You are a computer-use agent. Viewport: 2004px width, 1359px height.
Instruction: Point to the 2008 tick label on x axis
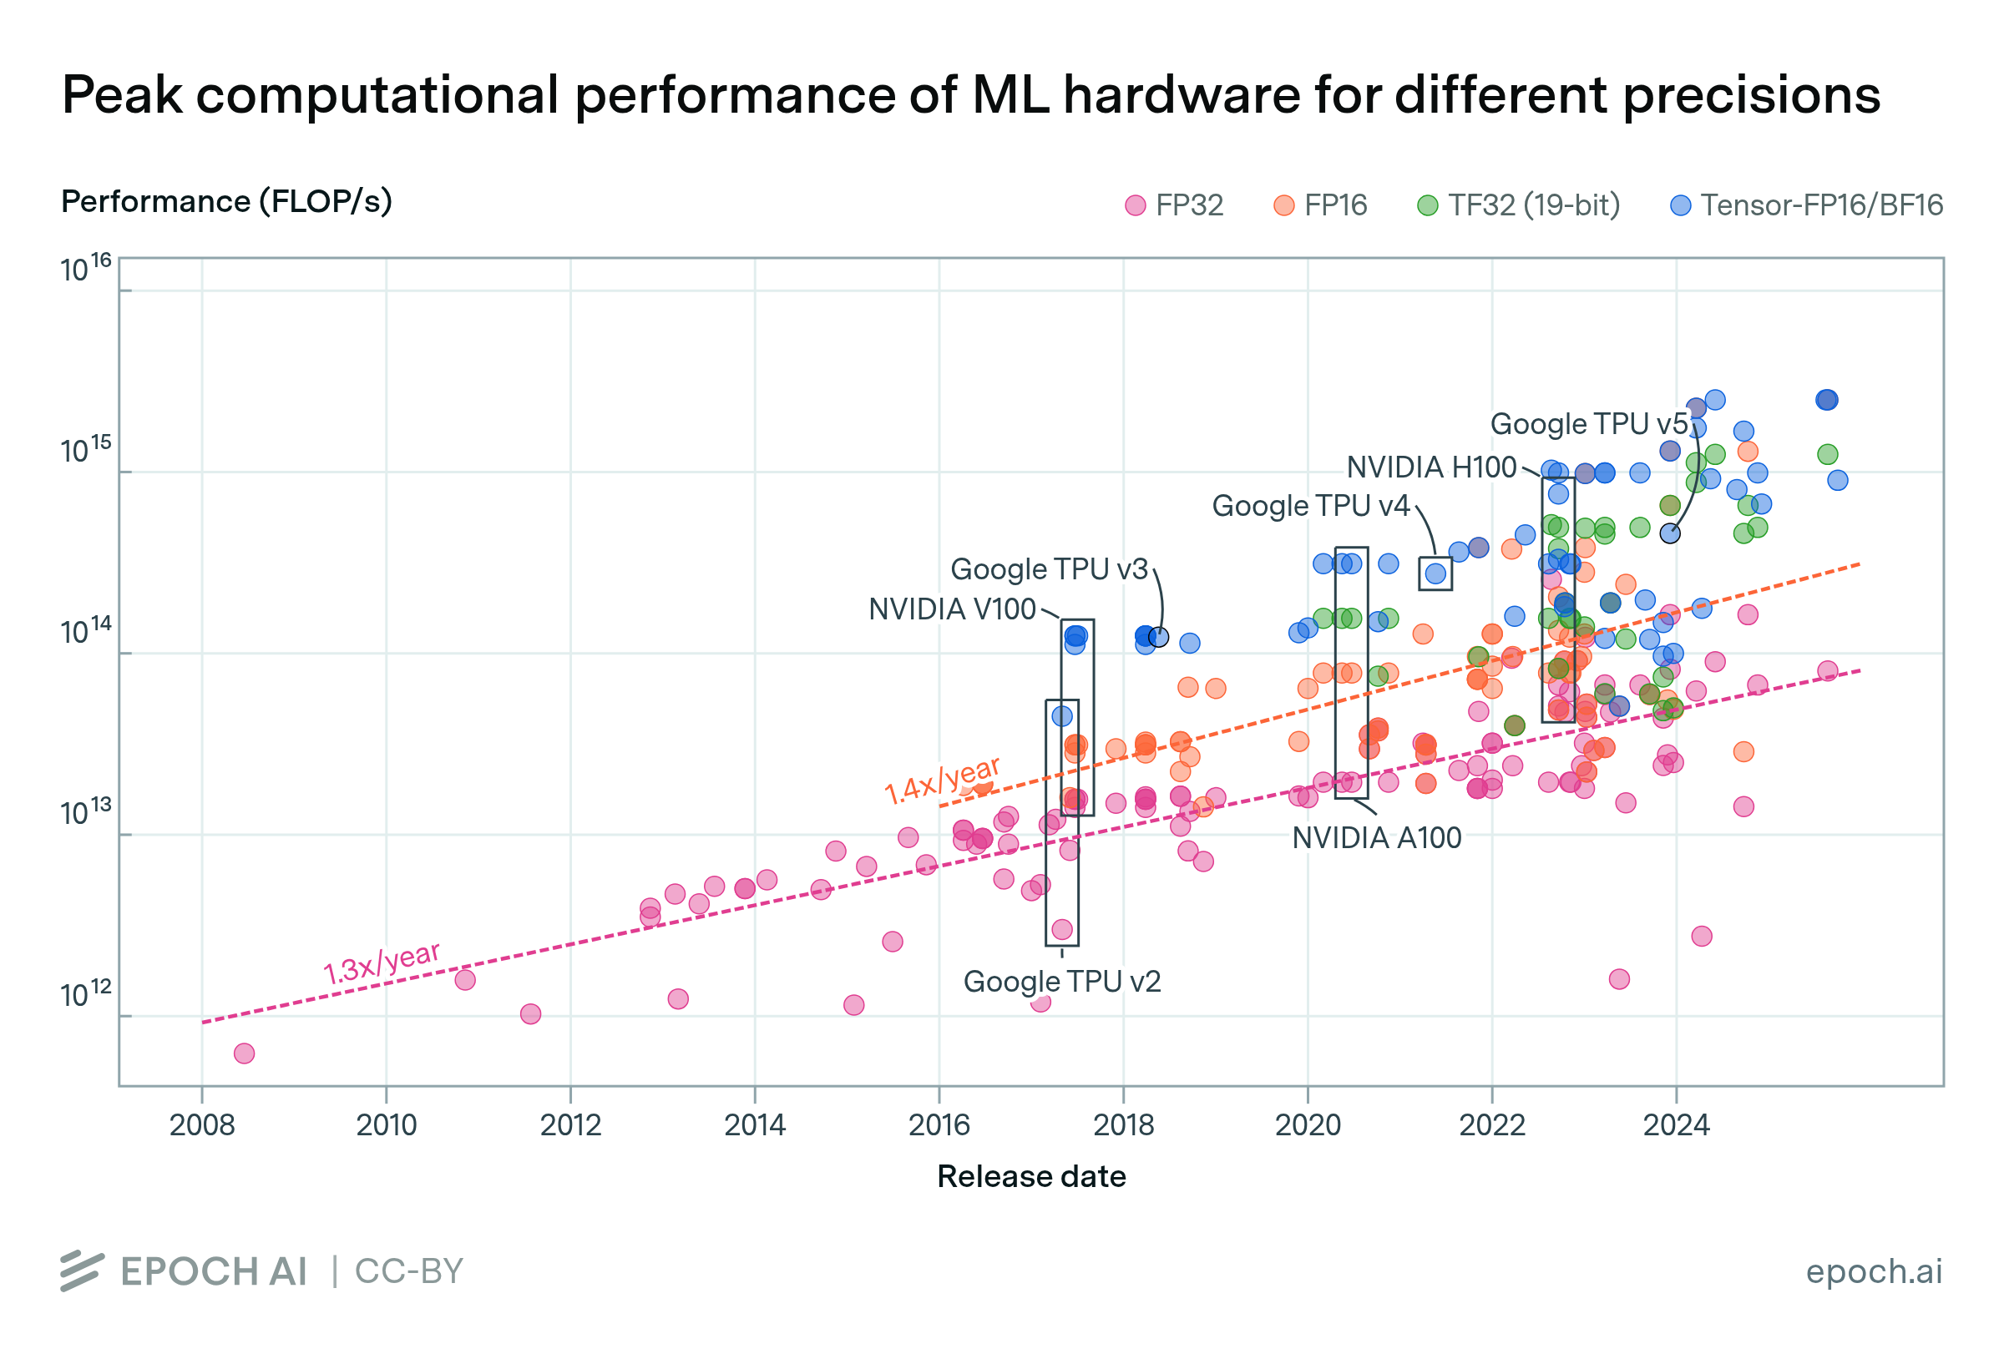click(202, 1125)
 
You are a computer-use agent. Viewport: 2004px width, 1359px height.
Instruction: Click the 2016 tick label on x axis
click(939, 1125)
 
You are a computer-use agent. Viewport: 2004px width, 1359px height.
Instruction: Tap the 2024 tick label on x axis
click(1676, 1125)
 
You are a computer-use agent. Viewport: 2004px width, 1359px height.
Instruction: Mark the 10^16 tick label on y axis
click(85, 268)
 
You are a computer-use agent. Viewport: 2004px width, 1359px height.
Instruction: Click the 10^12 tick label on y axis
click(85, 994)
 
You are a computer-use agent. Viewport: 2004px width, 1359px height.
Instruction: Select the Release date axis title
click(1031, 1177)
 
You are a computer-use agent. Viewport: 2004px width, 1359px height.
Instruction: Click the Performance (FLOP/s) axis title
click(226, 202)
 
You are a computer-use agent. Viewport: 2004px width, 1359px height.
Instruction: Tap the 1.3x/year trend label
click(381, 963)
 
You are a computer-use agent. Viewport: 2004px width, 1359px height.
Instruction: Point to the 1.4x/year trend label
click(942, 780)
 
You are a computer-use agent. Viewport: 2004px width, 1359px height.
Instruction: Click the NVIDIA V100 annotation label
click(951, 609)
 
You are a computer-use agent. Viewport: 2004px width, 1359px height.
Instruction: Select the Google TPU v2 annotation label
click(1061, 983)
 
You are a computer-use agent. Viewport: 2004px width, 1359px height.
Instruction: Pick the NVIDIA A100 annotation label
click(1376, 838)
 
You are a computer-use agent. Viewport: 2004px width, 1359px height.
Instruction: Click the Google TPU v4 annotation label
click(1310, 506)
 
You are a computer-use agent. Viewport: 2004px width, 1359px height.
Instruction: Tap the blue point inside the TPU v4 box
click(1435, 573)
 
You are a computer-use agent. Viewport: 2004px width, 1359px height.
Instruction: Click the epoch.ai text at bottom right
click(1873, 1272)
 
